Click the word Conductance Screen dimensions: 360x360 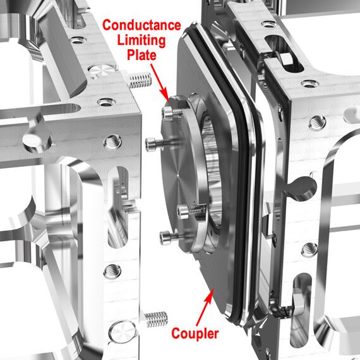(141, 25)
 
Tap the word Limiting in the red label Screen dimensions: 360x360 (141, 40)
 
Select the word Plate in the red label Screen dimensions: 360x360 (141, 55)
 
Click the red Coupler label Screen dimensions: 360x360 (195, 333)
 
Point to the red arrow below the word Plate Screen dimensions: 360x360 (160, 82)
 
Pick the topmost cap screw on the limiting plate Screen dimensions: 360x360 (172, 113)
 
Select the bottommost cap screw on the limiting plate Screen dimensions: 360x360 (169, 237)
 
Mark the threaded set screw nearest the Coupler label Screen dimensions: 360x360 (156, 319)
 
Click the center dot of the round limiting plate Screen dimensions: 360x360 (178, 176)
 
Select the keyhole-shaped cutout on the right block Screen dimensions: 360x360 (301, 185)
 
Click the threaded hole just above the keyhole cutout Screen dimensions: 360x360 (317, 123)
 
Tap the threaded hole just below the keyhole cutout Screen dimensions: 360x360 (309, 250)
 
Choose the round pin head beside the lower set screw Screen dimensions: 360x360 (123, 332)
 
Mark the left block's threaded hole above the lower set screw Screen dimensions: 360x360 (112, 271)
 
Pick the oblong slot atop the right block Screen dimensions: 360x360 (284, 53)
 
